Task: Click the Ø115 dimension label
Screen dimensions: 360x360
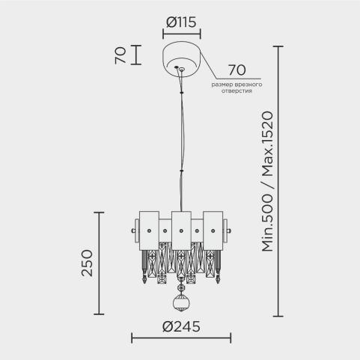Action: coord(181,22)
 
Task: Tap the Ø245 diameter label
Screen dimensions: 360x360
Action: coord(181,326)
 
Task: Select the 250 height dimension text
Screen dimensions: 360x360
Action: coord(87,263)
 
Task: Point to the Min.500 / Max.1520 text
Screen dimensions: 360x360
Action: coord(267,181)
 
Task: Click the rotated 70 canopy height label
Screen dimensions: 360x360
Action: coord(120,55)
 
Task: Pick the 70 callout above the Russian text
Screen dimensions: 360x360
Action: coord(237,70)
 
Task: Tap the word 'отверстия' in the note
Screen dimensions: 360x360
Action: coord(237,91)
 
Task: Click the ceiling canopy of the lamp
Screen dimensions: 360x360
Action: coord(182,60)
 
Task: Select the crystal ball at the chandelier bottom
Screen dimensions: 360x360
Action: coord(181,303)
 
